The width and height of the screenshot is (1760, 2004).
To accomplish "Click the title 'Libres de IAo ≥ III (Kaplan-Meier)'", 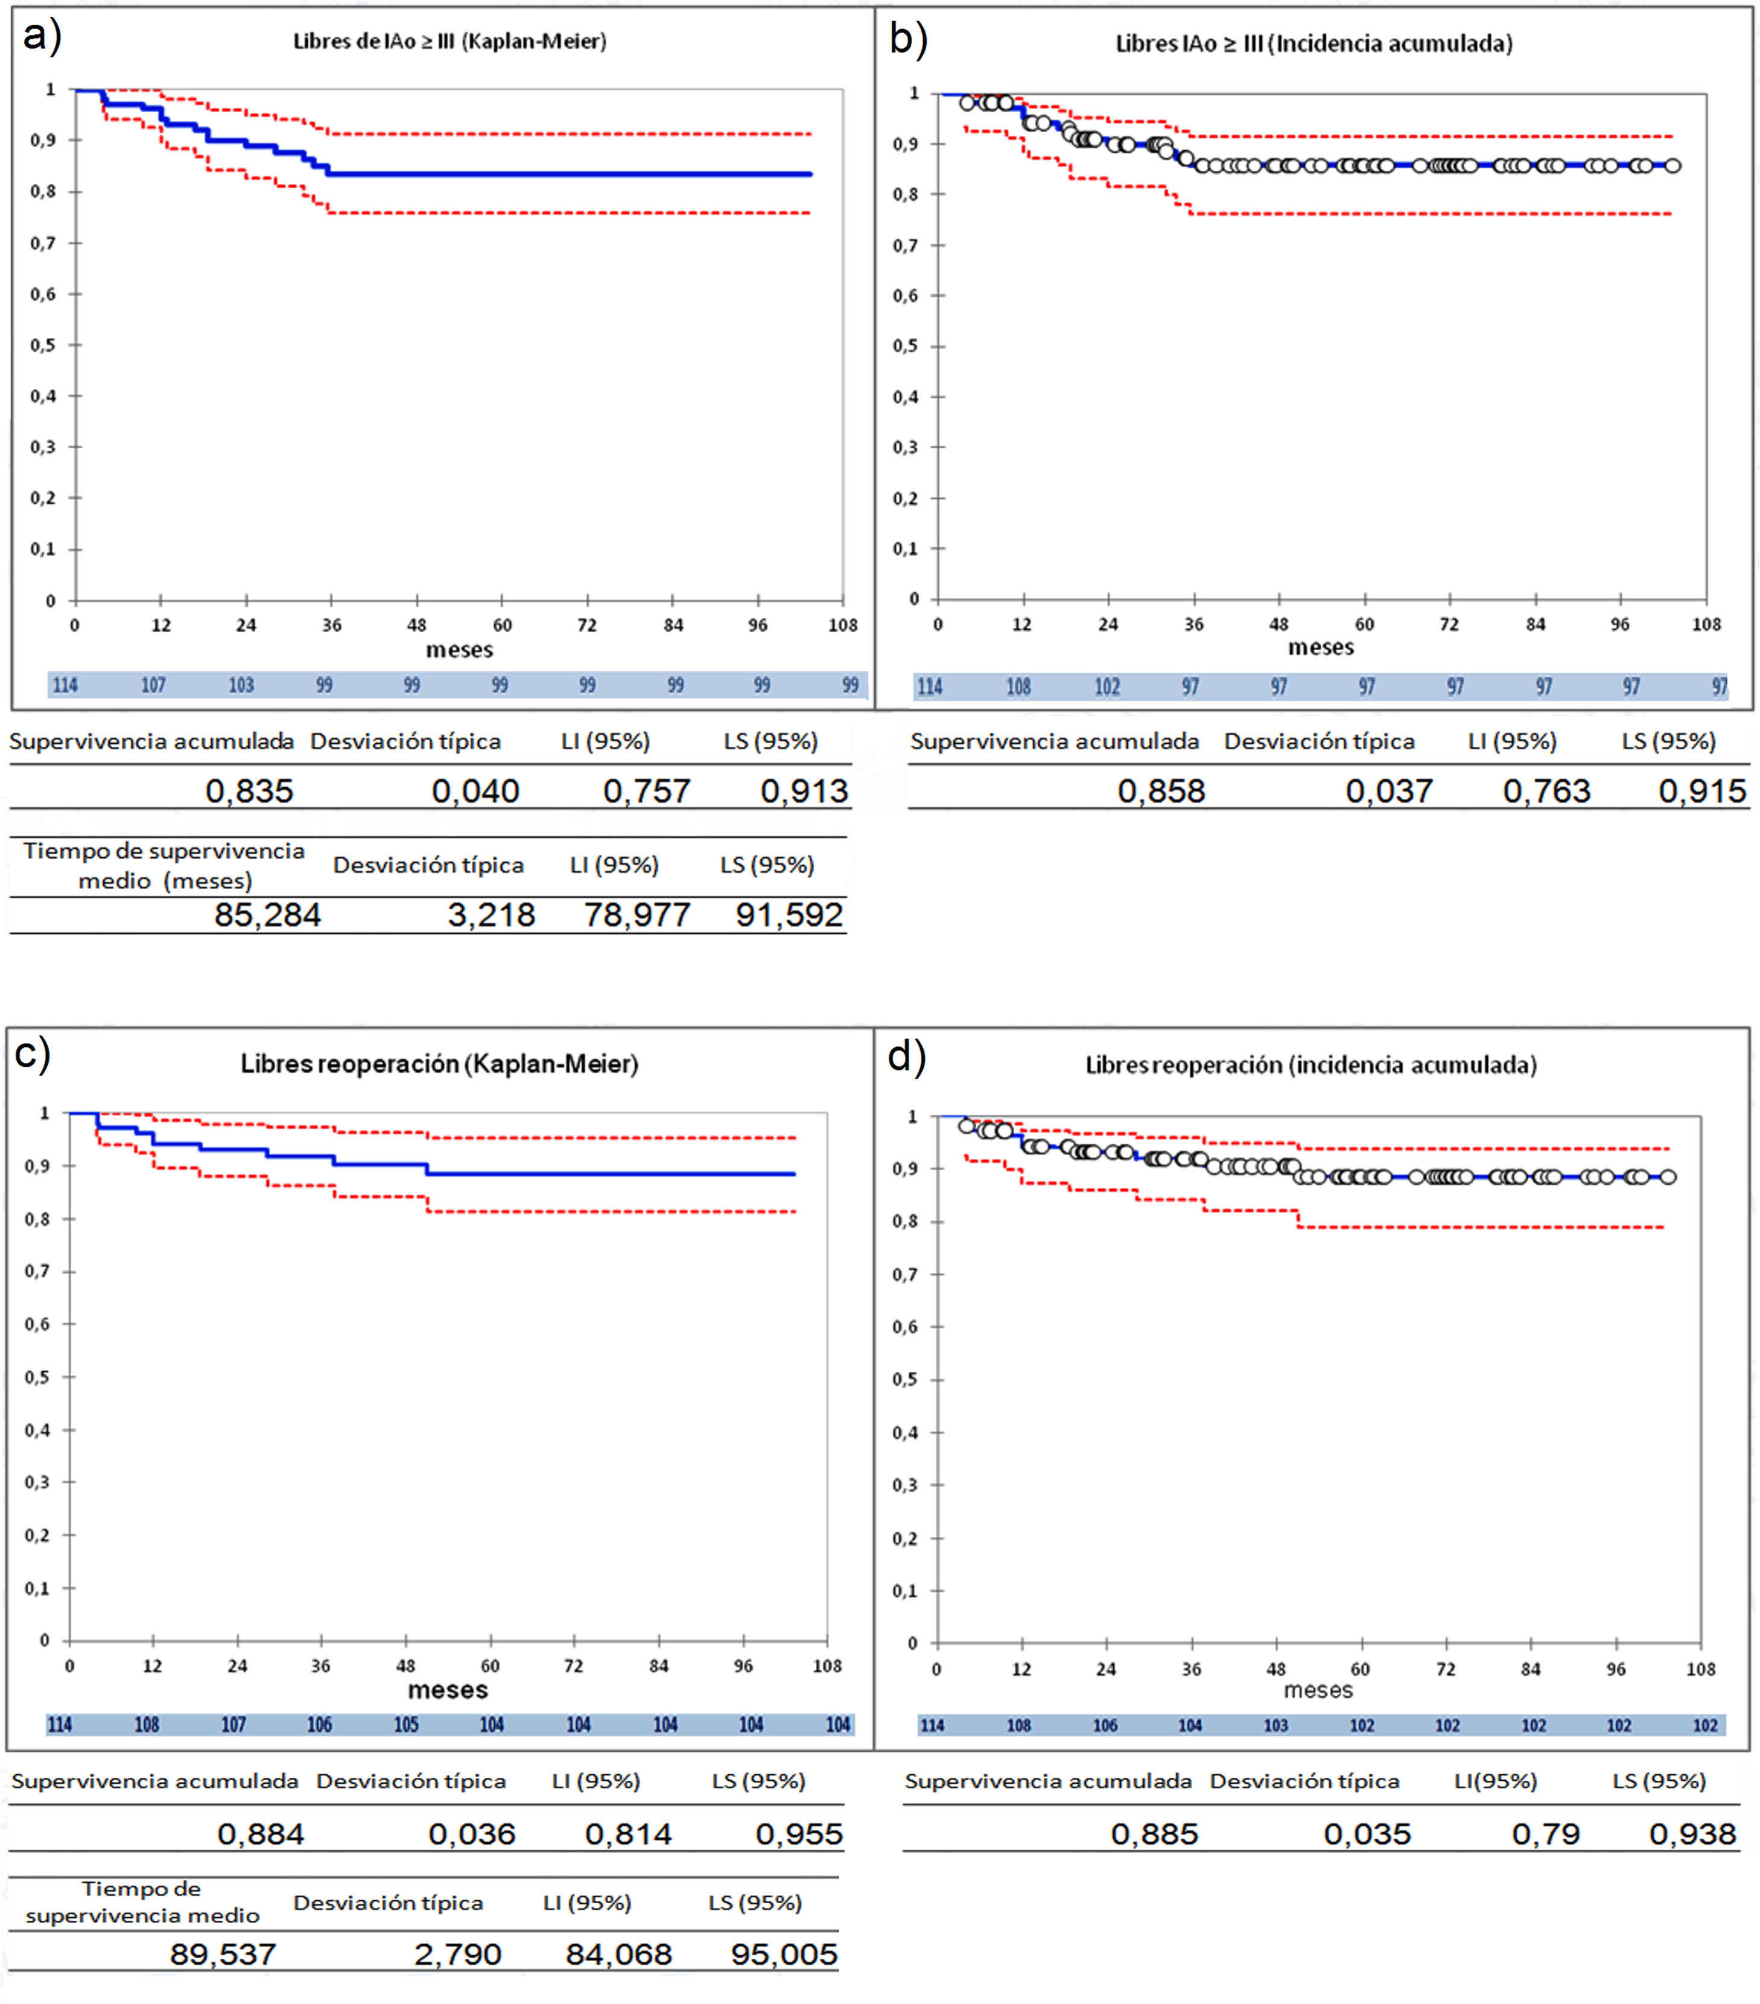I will point(450,41).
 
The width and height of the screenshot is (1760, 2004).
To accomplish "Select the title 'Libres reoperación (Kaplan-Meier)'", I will point(439,1064).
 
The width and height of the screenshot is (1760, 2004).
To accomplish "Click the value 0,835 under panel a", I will point(249,790).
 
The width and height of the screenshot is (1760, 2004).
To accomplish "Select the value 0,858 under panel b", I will point(1161,790).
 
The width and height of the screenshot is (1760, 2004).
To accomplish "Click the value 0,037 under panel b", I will point(1388,790).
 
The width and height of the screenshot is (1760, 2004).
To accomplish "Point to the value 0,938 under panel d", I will point(1692,1833).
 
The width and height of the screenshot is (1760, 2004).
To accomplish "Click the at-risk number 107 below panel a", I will point(153,684).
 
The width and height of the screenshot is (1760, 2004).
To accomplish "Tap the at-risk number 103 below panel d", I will point(1276,1725).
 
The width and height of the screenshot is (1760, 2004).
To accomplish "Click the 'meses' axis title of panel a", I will point(459,650).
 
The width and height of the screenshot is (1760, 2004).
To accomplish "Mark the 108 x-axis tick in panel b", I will point(1706,624).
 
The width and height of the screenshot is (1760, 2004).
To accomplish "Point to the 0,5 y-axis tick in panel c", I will point(37,1377).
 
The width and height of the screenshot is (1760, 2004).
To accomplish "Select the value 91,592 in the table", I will point(789,915).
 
